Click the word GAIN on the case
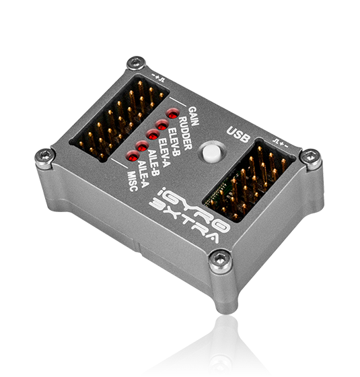click(194, 116)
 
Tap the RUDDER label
click(186, 133)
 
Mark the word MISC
click(133, 181)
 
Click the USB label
click(238, 134)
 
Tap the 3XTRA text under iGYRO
click(184, 220)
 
